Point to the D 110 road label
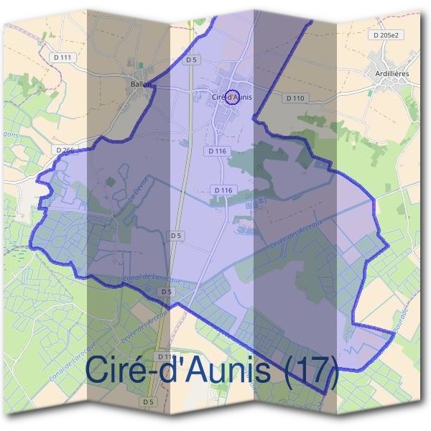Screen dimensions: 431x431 coord(295,97)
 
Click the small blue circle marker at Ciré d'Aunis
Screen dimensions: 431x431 coord(231,97)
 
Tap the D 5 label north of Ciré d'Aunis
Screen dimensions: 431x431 coord(190,60)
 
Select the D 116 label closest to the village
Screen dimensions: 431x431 coord(217,151)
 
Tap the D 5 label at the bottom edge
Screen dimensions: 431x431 coord(149,402)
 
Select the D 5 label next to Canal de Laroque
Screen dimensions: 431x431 coord(167,292)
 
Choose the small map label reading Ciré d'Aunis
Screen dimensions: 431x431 coord(231,97)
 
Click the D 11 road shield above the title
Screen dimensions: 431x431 coord(163,356)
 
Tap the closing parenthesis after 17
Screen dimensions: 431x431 coord(332,372)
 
